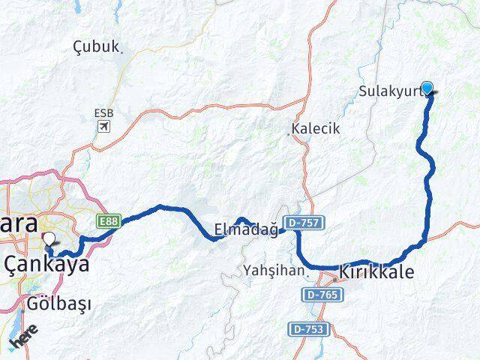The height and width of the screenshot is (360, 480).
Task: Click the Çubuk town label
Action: [x=96, y=47]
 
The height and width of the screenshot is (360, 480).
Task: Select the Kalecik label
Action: [x=317, y=128]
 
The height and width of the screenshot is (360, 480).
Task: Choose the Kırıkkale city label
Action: [x=376, y=272]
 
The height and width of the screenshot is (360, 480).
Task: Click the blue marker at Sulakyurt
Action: [x=427, y=87]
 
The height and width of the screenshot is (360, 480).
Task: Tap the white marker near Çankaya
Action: [x=49, y=240]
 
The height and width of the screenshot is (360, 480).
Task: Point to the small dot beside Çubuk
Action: [x=122, y=51]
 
